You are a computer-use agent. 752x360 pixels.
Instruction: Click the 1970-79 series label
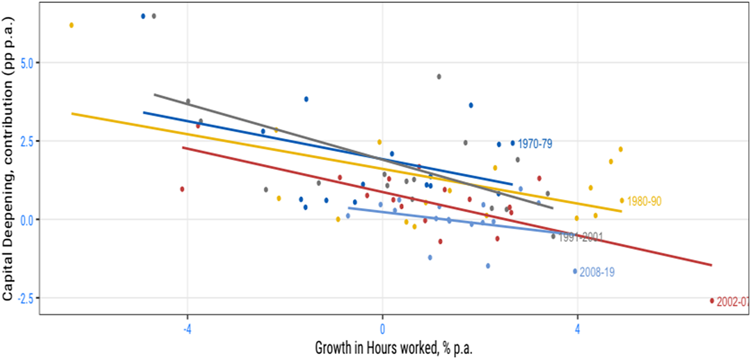click(x=535, y=144)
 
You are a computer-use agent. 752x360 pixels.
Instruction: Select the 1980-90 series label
click(x=644, y=201)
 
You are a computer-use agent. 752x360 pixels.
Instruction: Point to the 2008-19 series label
click(x=597, y=272)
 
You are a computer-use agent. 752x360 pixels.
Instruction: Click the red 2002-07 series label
click(x=732, y=302)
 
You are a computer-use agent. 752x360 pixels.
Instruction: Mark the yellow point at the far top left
click(x=71, y=25)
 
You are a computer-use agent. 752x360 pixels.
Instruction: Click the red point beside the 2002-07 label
click(x=712, y=301)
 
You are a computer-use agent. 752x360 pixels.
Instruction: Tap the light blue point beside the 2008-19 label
click(x=575, y=271)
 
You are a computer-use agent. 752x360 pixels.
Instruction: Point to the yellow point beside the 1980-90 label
click(x=622, y=200)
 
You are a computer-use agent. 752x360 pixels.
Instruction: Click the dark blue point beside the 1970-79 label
click(x=512, y=143)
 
